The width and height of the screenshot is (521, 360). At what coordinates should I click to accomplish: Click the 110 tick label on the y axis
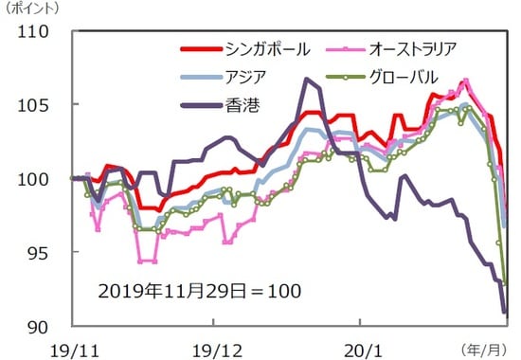click(x=34, y=31)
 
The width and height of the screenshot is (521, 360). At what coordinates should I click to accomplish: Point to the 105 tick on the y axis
click(x=34, y=104)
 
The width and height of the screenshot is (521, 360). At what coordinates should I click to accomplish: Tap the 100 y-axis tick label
click(x=34, y=178)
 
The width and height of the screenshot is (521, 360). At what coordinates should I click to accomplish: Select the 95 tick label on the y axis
click(x=39, y=252)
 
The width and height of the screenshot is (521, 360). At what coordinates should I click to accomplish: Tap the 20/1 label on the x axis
click(x=364, y=347)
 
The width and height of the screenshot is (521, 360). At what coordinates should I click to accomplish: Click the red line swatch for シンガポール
click(x=200, y=47)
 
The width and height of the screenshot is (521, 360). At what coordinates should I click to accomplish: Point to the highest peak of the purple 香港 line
click(x=307, y=79)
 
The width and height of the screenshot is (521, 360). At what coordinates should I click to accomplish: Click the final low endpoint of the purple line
click(x=505, y=311)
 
